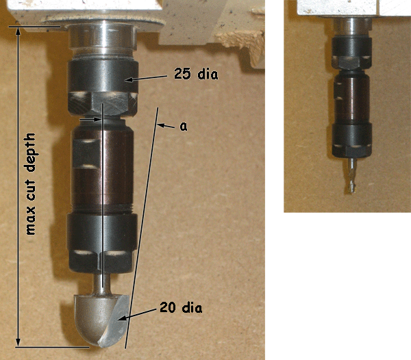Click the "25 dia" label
pyautogui.click(x=196, y=74)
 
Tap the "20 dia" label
pyautogui.click(x=181, y=307)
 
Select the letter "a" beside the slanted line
pyautogui.click(x=184, y=127)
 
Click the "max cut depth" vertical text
pyautogui.click(x=31, y=184)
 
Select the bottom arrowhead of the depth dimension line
pyautogui.click(x=18, y=342)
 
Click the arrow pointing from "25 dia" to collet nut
pyautogui.click(x=146, y=78)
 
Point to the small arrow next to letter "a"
pyautogui.click(x=166, y=126)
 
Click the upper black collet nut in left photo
pyautogui.click(x=103, y=88)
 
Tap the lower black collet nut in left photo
pyautogui.click(x=102, y=243)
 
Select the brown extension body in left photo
pyautogui.click(x=103, y=167)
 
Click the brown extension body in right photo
pyautogui.click(x=352, y=97)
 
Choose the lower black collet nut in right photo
pyautogui.click(x=352, y=140)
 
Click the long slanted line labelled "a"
pyautogui.click(x=142, y=228)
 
